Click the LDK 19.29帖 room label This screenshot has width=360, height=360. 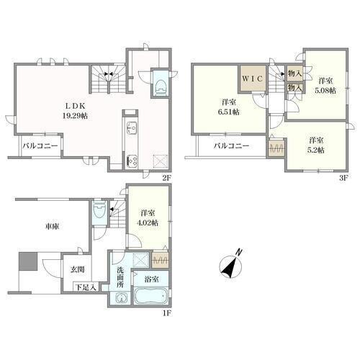(x=76, y=111)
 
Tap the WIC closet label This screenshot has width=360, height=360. (x=253, y=79)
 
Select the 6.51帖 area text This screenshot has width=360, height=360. (x=228, y=112)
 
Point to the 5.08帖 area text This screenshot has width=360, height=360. (x=325, y=91)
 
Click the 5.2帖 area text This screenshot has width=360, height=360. (x=316, y=150)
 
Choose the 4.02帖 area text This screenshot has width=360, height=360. (x=148, y=222)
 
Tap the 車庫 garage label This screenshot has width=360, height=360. (x=53, y=226)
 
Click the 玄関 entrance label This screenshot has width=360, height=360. (x=77, y=269)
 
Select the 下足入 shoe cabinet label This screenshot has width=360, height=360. (x=86, y=287)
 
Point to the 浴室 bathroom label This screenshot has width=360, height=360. (x=151, y=279)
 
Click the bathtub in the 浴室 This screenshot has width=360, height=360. (x=150, y=296)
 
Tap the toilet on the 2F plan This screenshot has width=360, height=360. (x=161, y=84)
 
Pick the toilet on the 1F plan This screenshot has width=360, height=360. (x=99, y=210)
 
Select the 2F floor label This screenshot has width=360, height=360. (x=167, y=178)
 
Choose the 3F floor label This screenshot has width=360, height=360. (x=343, y=178)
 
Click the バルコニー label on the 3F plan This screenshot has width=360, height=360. (x=231, y=145)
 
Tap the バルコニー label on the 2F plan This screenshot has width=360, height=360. (x=40, y=145)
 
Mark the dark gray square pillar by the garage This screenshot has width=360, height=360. (x=28, y=261)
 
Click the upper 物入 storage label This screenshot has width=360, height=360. (x=294, y=73)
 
